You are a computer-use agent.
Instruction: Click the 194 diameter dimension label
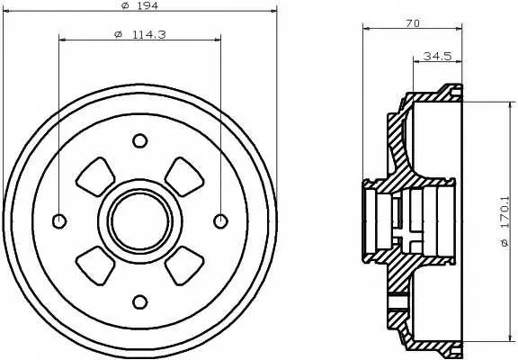(x=140, y=5)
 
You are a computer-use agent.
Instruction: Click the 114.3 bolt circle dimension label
(x=140, y=34)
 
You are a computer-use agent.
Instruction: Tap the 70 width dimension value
(x=413, y=23)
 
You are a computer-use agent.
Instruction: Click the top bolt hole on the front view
(x=139, y=140)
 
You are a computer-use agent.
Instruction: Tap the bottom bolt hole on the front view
(x=139, y=302)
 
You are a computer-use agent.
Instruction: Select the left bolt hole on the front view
(x=59, y=221)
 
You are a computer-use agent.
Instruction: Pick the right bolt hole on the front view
(x=220, y=221)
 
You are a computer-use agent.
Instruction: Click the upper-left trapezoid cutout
(x=95, y=177)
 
